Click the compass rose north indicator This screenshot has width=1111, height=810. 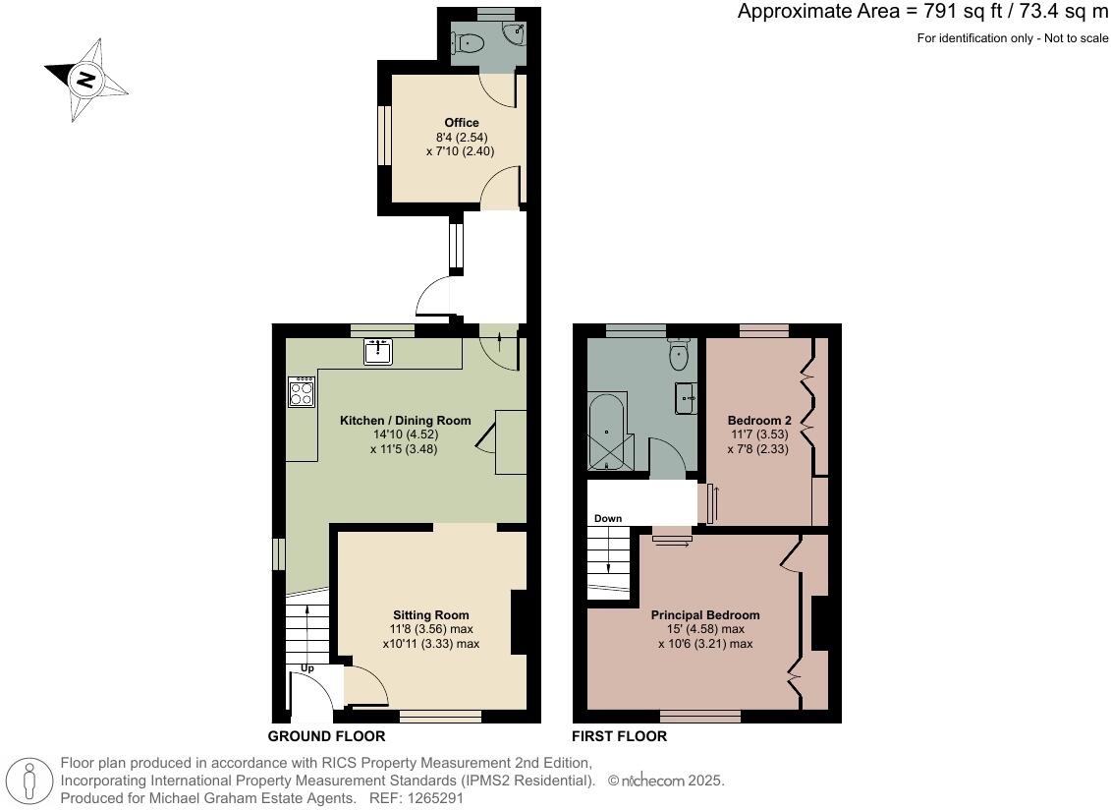pos(85,80)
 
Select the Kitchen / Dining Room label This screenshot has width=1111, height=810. pos(405,420)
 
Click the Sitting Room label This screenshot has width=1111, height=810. pos(431,615)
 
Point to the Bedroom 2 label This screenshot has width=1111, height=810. pos(758,420)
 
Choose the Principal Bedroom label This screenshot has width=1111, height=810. pos(704,615)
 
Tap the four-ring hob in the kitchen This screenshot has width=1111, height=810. pos(302,392)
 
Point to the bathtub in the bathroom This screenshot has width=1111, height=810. pos(610,434)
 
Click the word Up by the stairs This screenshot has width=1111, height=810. pos(306,668)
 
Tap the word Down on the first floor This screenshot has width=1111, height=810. pos(607,518)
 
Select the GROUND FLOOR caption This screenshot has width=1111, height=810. pos(326,736)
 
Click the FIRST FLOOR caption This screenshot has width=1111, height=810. pos(619,736)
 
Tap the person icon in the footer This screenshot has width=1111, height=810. pos(29,781)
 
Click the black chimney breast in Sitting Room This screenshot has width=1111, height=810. pos(520,621)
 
